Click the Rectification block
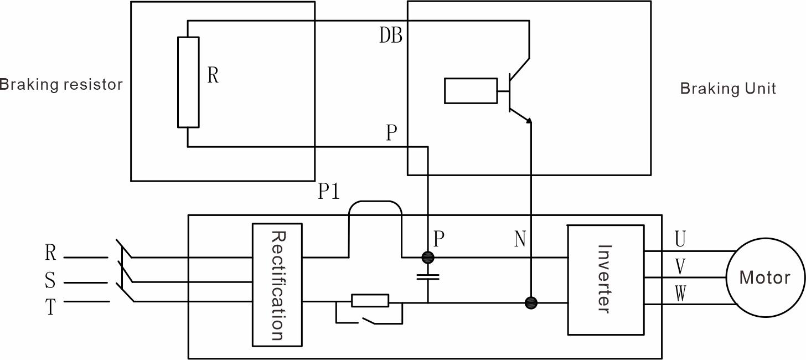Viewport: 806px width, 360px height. click(x=277, y=285)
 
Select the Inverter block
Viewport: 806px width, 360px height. click(x=606, y=280)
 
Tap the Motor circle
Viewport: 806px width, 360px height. click(x=764, y=277)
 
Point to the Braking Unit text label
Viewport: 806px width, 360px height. click(x=727, y=89)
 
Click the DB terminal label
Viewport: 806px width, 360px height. click(x=390, y=36)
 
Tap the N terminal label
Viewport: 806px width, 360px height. click(x=519, y=240)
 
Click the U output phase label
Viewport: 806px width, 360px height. click(x=680, y=239)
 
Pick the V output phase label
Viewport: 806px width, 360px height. click(x=680, y=267)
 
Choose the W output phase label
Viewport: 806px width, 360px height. click(x=680, y=294)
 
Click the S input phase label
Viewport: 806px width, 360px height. click(x=50, y=281)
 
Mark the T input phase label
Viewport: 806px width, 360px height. click(x=50, y=307)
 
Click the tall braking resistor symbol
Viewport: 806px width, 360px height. click(x=188, y=82)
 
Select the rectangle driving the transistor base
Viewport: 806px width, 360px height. click(x=471, y=91)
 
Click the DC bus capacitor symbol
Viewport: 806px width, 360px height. click(x=428, y=277)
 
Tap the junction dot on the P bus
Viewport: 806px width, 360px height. click(x=428, y=257)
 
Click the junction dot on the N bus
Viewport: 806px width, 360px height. click(x=531, y=302)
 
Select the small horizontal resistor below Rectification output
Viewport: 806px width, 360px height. click(x=370, y=301)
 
